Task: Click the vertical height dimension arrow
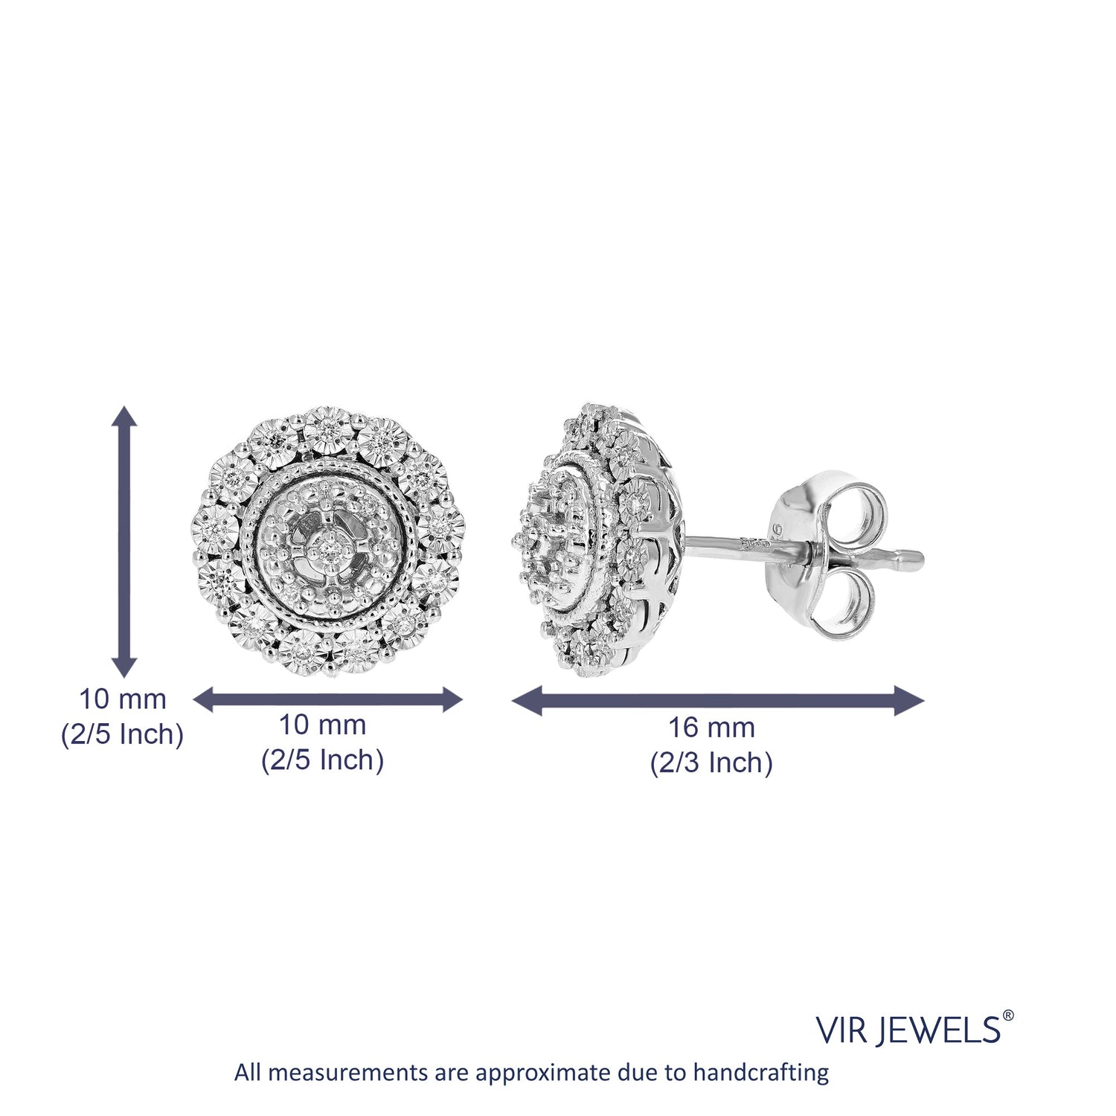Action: pyautogui.click(x=124, y=542)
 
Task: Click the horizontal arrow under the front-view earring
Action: pyautogui.click(x=328, y=699)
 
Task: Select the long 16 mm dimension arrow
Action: pyautogui.click(x=718, y=701)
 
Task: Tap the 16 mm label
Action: pyautogui.click(x=711, y=728)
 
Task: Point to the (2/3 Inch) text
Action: pyautogui.click(x=711, y=763)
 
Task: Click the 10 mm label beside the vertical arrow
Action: pyautogui.click(x=123, y=699)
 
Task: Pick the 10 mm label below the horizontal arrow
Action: pyautogui.click(x=322, y=725)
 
